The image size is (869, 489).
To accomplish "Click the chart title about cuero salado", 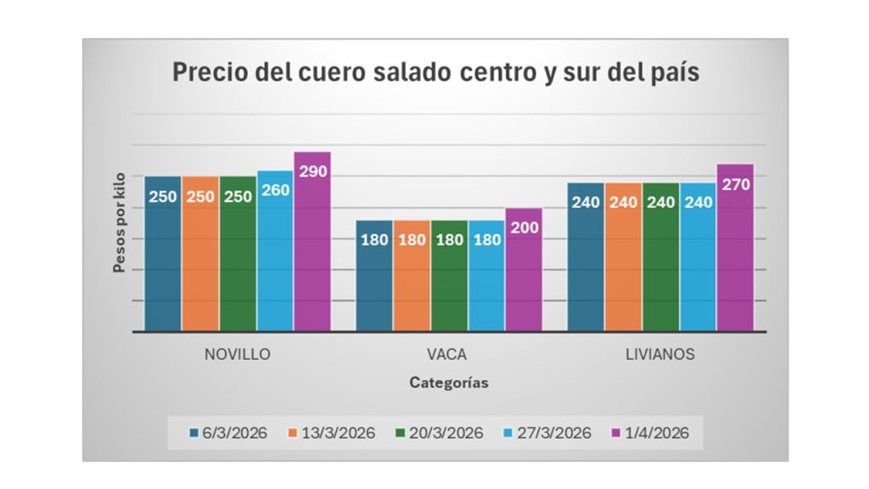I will click(436, 72).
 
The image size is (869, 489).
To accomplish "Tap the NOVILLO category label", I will click(238, 354).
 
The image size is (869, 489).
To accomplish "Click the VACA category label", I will click(448, 354).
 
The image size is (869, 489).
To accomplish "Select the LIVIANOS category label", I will click(660, 354).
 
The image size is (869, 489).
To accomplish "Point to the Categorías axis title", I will click(448, 382).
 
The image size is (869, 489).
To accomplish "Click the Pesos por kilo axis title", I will click(120, 222).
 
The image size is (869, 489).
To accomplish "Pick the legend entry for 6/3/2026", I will click(227, 433).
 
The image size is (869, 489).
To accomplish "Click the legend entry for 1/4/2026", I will click(650, 433).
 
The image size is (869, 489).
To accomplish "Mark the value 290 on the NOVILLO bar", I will click(312, 171).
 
